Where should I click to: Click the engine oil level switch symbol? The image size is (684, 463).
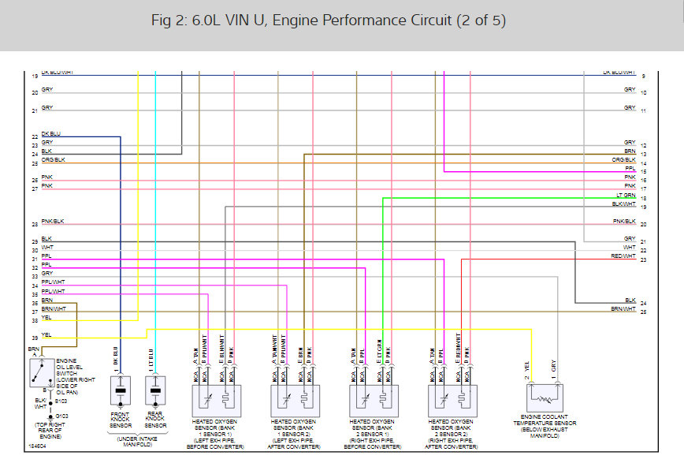pos(37,373)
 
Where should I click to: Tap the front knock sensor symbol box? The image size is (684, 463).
pos(121,391)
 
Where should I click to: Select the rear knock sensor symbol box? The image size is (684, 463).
pos(156,391)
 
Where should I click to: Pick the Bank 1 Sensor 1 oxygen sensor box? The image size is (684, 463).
pos(214,401)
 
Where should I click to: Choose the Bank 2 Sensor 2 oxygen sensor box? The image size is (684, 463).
pos(450,401)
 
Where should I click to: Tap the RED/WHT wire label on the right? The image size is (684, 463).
pos(623,256)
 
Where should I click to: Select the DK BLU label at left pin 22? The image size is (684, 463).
pos(50,134)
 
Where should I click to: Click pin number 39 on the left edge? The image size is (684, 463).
pos(35,338)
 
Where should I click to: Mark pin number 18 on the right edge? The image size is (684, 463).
pos(644,199)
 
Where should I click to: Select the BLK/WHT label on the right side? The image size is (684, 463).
pos(624,203)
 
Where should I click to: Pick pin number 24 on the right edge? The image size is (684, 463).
pos(644,304)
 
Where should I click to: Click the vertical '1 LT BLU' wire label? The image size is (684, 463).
pos(150,360)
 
